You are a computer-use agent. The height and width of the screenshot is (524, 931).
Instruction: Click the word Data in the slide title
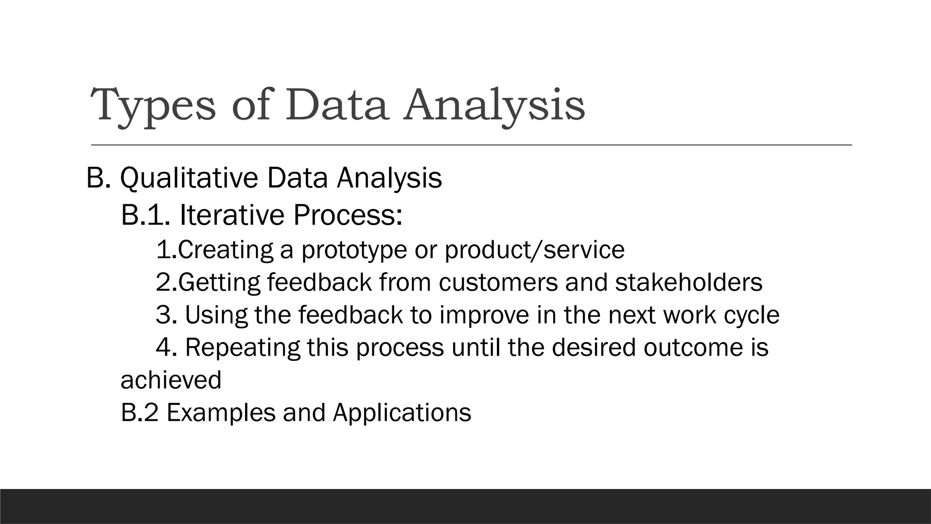[x=336, y=105]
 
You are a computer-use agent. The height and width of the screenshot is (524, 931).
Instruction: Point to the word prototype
[x=354, y=250]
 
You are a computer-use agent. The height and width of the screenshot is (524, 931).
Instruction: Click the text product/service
[x=535, y=250]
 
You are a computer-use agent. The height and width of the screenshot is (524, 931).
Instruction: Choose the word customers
[x=498, y=282]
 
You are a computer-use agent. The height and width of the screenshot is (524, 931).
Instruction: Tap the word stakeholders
[x=688, y=282]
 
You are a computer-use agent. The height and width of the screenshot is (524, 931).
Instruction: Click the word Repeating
[x=242, y=348]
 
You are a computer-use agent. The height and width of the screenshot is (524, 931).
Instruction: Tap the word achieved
[x=171, y=380]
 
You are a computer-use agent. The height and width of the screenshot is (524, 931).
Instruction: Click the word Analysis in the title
[x=495, y=106]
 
